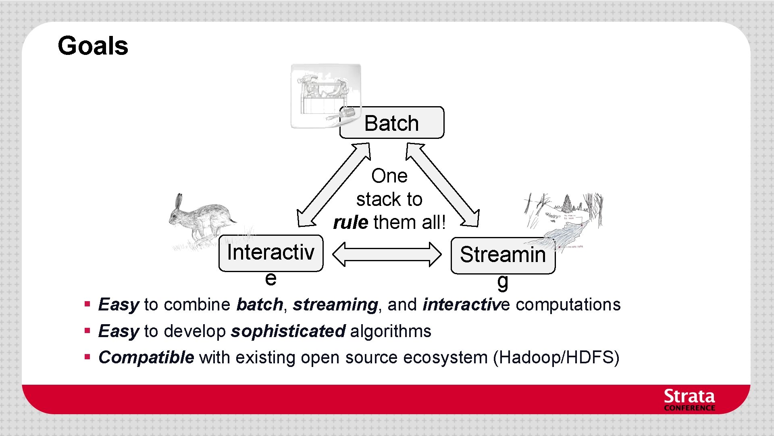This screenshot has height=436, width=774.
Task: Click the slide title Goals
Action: pos(93,46)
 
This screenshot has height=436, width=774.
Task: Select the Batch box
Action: pos(391,123)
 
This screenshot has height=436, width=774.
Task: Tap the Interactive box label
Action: pos(270,253)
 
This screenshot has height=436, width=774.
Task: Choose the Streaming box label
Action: pos(503,255)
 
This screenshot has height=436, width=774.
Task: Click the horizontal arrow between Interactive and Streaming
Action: pos(387,254)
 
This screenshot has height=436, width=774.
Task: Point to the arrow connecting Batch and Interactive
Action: pos(333,185)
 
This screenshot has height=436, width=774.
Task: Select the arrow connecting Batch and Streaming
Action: pos(442,185)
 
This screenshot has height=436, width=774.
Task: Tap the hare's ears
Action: pos(178,201)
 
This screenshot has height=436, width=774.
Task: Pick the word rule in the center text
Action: pos(350,222)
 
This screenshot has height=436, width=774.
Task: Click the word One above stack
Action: pos(389,176)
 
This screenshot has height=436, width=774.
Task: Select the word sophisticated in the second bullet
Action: pos(288,331)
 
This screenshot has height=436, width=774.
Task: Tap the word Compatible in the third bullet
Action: pos(146,358)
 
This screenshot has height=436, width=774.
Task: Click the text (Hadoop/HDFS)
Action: pos(556,358)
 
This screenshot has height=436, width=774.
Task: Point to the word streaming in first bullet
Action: pos(335,305)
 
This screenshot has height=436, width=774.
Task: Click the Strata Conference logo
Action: pos(689,400)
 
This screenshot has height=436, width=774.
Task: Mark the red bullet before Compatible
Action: pos(87,357)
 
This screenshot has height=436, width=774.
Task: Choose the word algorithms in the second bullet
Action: pos(391,331)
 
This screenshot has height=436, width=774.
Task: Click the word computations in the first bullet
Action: pos(568,304)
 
